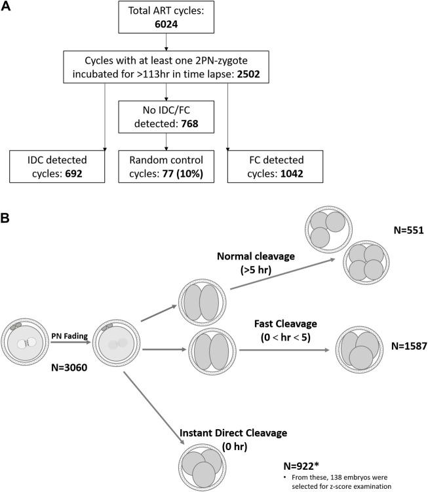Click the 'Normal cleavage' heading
tap(256, 255)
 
